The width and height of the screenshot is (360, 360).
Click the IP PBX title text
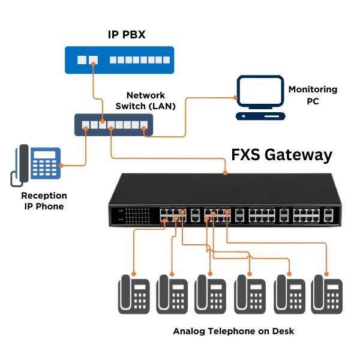pyautogui.click(x=127, y=35)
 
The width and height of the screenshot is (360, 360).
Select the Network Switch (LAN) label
pyautogui.click(x=146, y=101)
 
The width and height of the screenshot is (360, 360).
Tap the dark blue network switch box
pyautogui.click(x=113, y=125)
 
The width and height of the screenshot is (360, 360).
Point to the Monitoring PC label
pyautogui.click(x=313, y=95)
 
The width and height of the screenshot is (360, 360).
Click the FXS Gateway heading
pyautogui.click(x=281, y=155)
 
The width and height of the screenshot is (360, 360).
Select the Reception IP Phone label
pyautogui.click(x=44, y=201)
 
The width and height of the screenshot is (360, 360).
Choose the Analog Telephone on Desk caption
pyautogui.click(x=233, y=331)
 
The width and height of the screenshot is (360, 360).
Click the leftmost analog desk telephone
pyautogui.click(x=133, y=294)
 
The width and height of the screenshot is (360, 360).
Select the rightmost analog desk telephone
pyautogui.click(x=327, y=294)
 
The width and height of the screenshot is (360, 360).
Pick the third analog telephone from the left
pyautogui.click(x=211, y=294)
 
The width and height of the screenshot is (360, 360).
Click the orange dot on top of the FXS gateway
pyautogui.click(x=225, y=173)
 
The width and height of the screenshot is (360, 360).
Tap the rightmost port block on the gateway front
pyautogui.click(x=329, y=215)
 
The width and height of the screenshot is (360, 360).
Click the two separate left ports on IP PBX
pyautogui.click(x=88, y=61)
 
